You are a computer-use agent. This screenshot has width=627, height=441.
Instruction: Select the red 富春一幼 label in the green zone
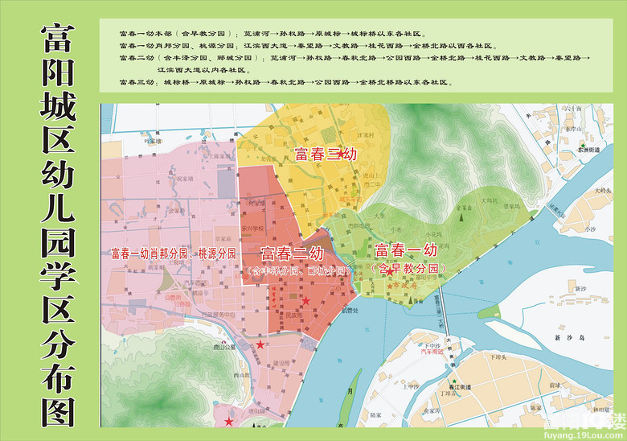coord(407,250)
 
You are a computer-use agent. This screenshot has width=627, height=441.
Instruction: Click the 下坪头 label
coord(492,355)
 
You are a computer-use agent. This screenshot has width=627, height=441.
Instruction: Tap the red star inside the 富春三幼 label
coord(341,152)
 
